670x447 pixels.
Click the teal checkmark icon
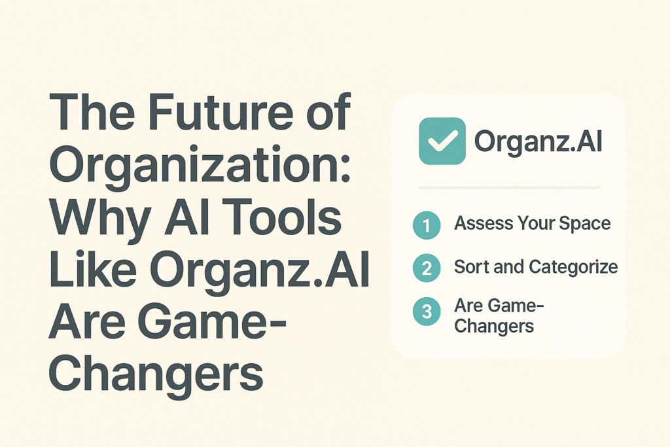point(442,141)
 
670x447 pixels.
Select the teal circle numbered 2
point(427,267)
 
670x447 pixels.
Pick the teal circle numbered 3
point(427,312)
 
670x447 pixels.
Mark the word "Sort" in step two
point(470,267)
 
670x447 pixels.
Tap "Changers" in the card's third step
point(494,325)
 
